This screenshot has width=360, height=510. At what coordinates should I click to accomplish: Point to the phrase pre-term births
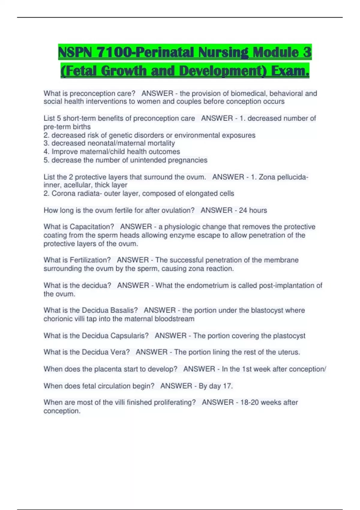click(x=67, y=127)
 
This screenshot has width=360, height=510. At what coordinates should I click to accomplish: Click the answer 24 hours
click(x=253, y=210)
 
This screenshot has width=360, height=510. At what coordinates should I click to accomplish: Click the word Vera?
click(x=120, y=352)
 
